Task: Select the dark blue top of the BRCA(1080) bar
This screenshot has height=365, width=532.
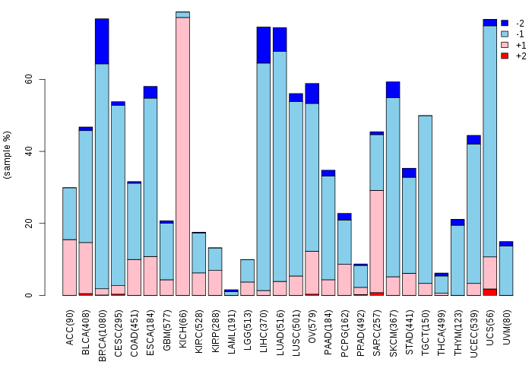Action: tap(102, 41)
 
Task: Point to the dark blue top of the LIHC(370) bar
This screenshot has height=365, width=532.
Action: tap(264, 45)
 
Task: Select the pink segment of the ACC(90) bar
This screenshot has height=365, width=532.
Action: tap(69, 267)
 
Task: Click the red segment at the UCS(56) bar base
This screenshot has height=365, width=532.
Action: tap(490, 291)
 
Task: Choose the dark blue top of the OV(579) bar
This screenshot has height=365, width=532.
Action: tap(312, 93)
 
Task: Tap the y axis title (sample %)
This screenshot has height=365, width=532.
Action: tap(8, 155)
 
